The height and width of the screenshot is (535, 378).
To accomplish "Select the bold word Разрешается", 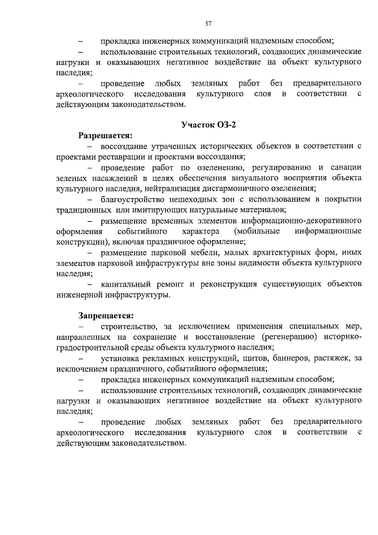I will coord(105,135).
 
